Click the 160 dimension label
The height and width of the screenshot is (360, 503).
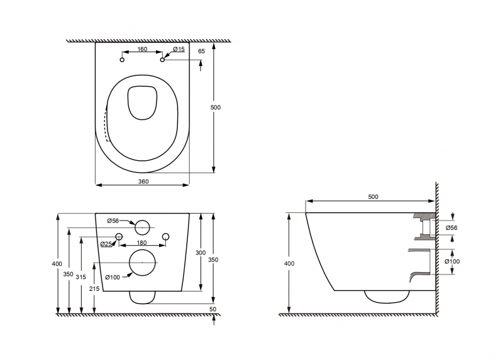pyautogui.click(x=142, y=49)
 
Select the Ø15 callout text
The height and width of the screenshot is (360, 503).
pyautogui.click(x=179, y=49)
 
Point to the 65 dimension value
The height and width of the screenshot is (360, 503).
pyautogui.click(x=201, y=52)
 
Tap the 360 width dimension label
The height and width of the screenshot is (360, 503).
pyautogui.click(x=143, y=182)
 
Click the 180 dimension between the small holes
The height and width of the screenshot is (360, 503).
pyautogui.click(x=141, y=243)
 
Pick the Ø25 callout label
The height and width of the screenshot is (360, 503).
pyautogui.click(x=106, y=244)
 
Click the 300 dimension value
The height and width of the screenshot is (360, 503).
pyautogui.click(x=201, y=253)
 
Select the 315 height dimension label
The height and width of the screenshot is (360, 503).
pyautogui.click(x=81, y=276)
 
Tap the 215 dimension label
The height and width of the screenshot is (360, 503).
pyautogui.click(x=94, y=288)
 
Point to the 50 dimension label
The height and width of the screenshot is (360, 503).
pyautogui.click(x=213, y=309)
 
